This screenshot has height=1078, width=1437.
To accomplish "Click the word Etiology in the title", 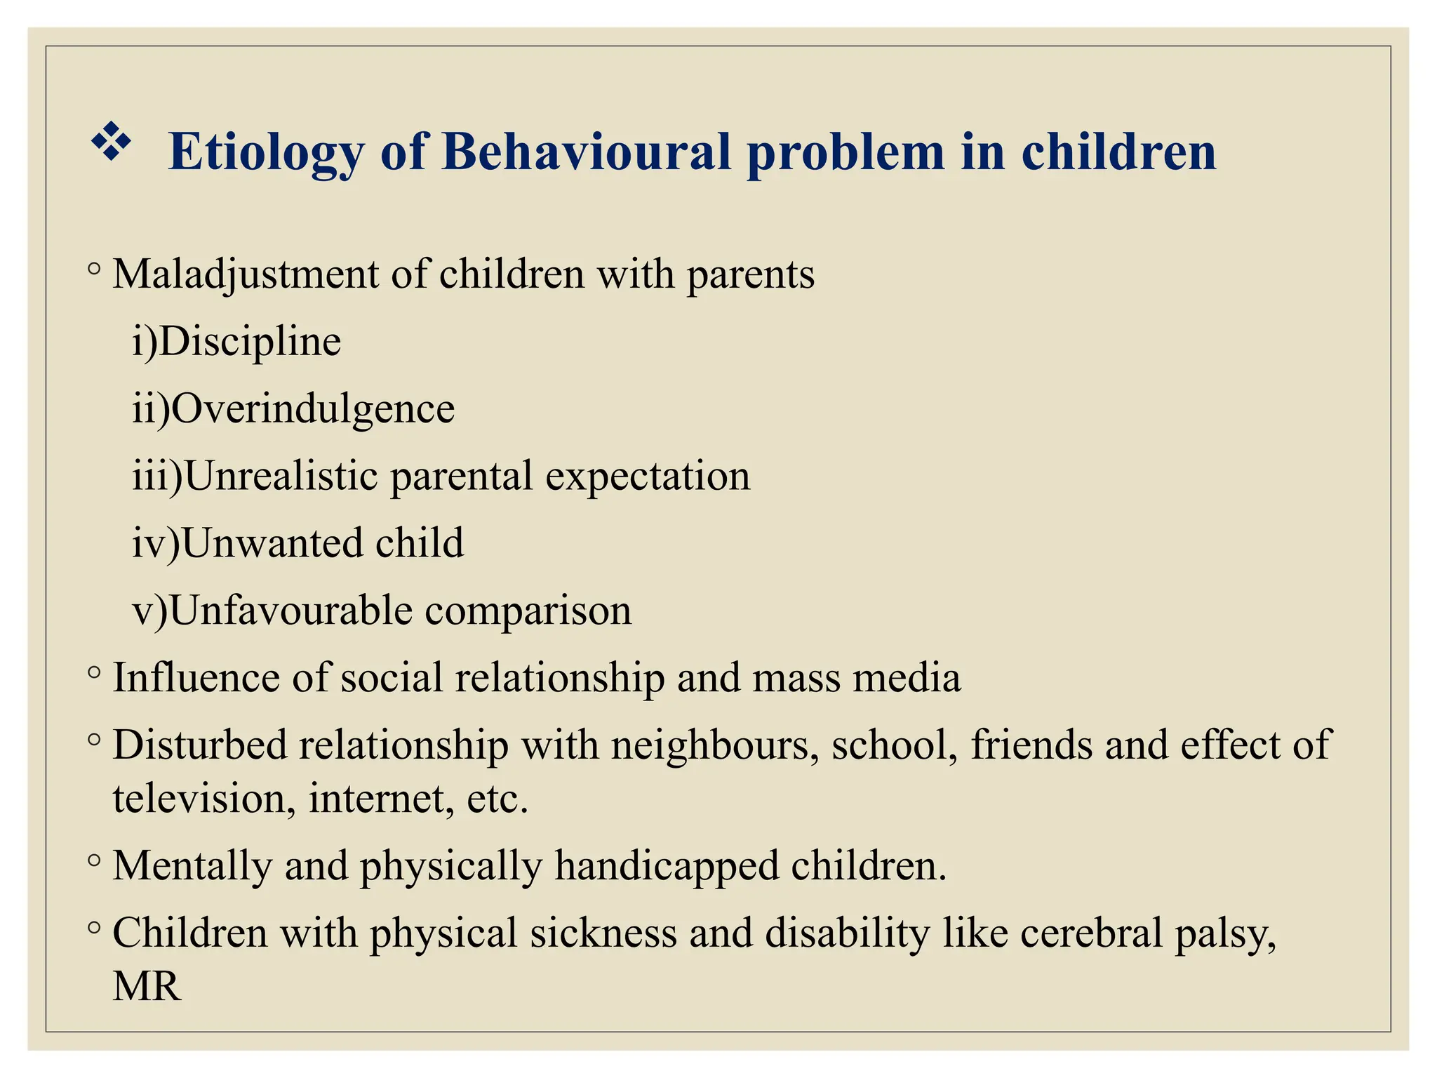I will point(266,152).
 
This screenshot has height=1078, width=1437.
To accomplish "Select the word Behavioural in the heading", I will point(587,152).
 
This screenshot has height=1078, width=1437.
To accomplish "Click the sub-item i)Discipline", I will point(236,342).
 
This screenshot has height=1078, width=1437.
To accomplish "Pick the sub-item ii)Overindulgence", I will point(293,408).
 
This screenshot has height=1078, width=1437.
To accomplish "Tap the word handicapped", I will point(667,866).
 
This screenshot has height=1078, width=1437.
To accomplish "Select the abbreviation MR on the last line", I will point(147,986).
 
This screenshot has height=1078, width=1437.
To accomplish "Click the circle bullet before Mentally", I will point(95,860).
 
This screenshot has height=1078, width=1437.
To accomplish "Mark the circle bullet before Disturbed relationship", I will point(95,740).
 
